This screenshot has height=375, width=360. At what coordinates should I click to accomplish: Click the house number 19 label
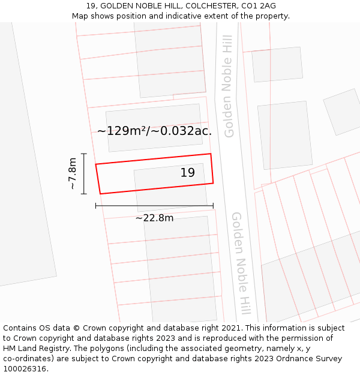tap(188, 173)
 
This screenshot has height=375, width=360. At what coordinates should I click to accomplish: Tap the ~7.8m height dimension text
tap(72, 174)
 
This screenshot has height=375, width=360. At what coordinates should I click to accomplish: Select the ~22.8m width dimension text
tap(154, 218)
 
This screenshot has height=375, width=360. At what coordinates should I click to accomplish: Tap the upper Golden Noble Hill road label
tap(228, 86)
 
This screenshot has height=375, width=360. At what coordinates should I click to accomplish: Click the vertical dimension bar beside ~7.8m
tap(84, 174)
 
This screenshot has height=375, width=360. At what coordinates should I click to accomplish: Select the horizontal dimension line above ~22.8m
tap(154, 206)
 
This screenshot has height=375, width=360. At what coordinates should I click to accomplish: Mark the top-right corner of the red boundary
tap(211, 154)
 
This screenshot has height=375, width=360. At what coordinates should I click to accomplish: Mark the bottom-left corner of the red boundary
tap(100, 193)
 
